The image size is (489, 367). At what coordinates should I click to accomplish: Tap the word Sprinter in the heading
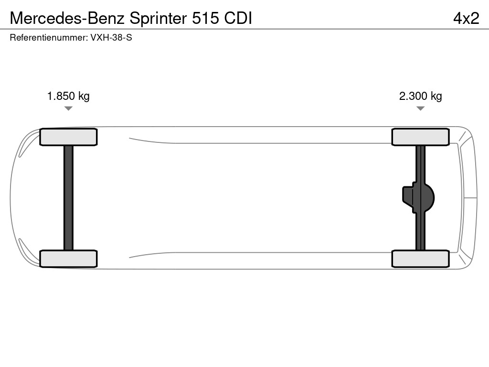click(158, 19)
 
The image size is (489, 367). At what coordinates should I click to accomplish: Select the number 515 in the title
click(205, 18)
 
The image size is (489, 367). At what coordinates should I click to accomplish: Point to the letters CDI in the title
click(238, 18)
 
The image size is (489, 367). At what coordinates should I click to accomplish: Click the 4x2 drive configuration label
click(466, 19)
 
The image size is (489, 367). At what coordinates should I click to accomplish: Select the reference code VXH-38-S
click(111, 38)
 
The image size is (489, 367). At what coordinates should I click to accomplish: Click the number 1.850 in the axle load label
click(61, 96)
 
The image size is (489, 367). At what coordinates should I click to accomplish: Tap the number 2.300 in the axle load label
click(413, 96)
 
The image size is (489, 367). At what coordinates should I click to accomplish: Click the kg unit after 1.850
click(84, 97)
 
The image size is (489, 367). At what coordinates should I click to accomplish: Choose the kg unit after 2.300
click(436, 97)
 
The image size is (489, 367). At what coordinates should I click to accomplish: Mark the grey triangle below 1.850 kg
click(68, 108)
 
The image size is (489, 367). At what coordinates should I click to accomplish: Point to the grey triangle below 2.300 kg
click(420, 108)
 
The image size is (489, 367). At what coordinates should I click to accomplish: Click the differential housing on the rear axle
click(418, 198)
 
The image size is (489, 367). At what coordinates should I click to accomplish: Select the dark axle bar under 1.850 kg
click(68, 198)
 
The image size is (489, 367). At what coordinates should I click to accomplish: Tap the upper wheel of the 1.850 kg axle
click(68, 137)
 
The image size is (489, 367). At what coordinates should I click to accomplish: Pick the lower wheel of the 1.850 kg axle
click(68, 259)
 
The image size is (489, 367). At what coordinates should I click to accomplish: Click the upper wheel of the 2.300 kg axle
click(420, 137)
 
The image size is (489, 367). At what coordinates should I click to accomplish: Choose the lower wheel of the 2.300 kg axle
click(420, 259)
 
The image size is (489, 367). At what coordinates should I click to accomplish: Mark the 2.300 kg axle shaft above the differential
click(420, 164)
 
